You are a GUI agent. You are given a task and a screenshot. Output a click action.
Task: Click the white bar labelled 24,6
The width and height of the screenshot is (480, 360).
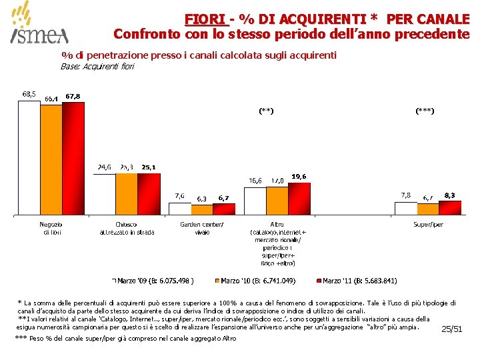(104, 194)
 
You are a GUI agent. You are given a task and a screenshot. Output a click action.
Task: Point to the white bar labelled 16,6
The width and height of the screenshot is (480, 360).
(255, 201)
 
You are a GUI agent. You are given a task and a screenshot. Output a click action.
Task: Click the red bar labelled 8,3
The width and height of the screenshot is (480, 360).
(449, 208)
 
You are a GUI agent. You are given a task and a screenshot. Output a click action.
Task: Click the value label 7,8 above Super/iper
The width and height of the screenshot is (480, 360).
(405, 195)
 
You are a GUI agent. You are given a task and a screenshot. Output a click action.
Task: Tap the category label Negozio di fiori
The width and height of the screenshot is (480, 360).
(51, 228)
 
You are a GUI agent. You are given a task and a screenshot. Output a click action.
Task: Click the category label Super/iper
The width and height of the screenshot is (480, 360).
(427, 225)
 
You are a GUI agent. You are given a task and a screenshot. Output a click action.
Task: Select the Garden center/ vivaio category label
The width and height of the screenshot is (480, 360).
(202, 228)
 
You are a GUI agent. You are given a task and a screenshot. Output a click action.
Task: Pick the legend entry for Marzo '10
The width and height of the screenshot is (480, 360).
(257, 280)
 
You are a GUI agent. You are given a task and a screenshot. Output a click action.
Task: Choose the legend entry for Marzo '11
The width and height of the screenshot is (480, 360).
(360, 280)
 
